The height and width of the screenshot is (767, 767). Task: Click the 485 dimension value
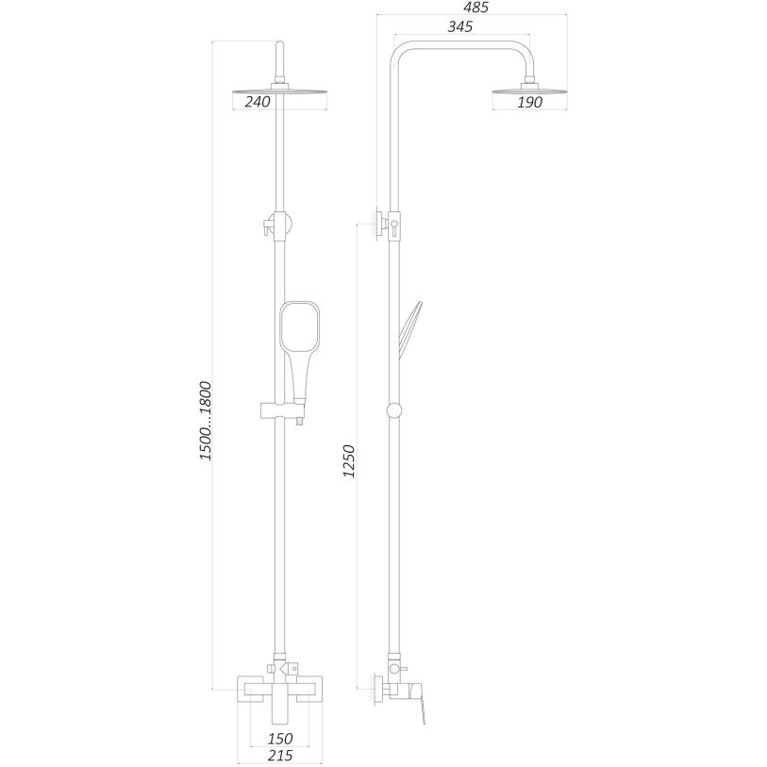(476, 7)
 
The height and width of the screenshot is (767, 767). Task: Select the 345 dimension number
(459, 26)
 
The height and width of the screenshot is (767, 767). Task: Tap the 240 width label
(258, 102)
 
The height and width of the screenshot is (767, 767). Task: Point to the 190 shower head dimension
(530, 103)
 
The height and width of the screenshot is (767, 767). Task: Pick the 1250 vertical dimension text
(350, 463)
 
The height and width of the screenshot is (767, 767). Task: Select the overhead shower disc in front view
(280, 92)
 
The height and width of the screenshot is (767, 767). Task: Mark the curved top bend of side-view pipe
(401, 52)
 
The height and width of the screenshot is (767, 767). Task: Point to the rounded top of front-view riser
(280, 46)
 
